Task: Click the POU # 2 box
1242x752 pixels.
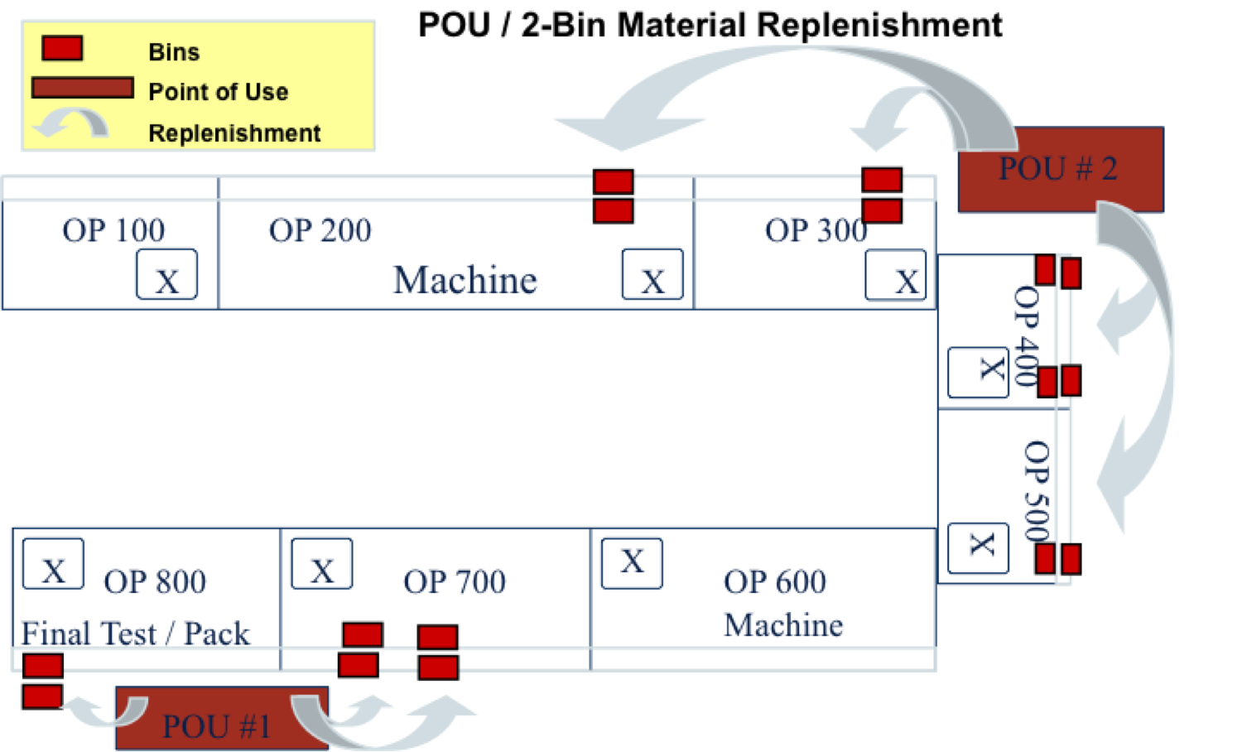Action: [x=1060, y=170]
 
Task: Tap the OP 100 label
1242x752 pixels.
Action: [x=113, y=230]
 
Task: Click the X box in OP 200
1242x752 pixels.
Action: [x=652, y=275]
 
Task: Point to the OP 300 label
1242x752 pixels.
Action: [x=816, y=230]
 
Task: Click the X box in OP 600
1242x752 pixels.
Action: [x=632, y=563]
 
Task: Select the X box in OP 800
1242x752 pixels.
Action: [x=53, y=564]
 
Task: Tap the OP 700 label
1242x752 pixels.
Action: [x=455, y=581]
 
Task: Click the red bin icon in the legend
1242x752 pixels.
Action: [x=62, y=49]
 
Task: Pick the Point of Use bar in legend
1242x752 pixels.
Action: [x=83, y=88]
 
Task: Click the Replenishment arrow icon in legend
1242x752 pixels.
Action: [x=71, y=125]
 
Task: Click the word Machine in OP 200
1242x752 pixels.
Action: [x=465, y=280]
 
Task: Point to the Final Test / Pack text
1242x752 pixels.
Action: [x=135, y=634]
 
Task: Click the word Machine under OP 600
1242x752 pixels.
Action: [x=783, y=625]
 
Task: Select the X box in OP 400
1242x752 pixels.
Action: [x=978, y=372]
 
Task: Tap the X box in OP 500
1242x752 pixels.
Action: [x=978, y=547]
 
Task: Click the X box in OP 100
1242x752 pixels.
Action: [x=166, y=275]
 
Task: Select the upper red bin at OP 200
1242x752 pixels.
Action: [x=614, y=181]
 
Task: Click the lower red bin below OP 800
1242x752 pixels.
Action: [x=42, y=697]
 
